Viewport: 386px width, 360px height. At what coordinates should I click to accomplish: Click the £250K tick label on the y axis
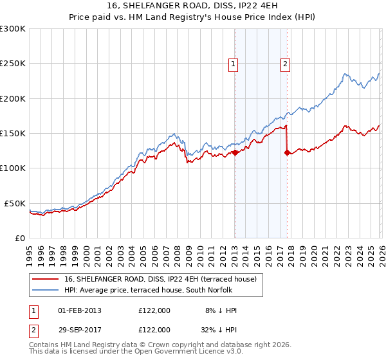tap(13, 64)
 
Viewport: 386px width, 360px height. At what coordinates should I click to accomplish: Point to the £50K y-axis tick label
tap(15, 203)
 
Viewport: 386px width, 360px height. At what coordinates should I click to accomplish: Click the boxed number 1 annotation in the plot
tap(232, 64)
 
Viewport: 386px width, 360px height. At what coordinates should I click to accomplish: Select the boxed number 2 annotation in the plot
tap(285, 64)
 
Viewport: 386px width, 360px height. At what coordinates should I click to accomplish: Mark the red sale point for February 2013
tap(235, 152)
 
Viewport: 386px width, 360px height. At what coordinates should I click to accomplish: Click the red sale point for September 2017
tap(287, 152)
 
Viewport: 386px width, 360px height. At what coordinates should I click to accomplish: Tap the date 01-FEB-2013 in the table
tap(80, 310)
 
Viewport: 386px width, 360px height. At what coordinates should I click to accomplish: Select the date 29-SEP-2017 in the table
tap(80, 329)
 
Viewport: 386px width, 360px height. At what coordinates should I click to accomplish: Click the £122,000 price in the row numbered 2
tap(154, 329)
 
